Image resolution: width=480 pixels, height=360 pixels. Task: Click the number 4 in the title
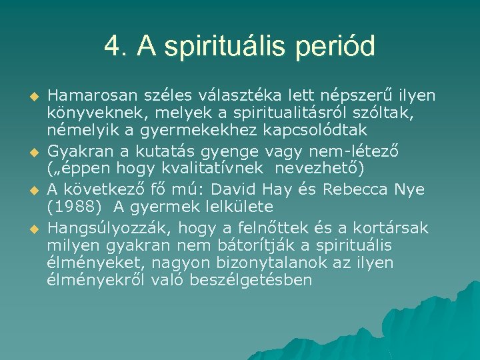(x=112, y=47)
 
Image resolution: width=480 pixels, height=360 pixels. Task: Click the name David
(x=270, y=189)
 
